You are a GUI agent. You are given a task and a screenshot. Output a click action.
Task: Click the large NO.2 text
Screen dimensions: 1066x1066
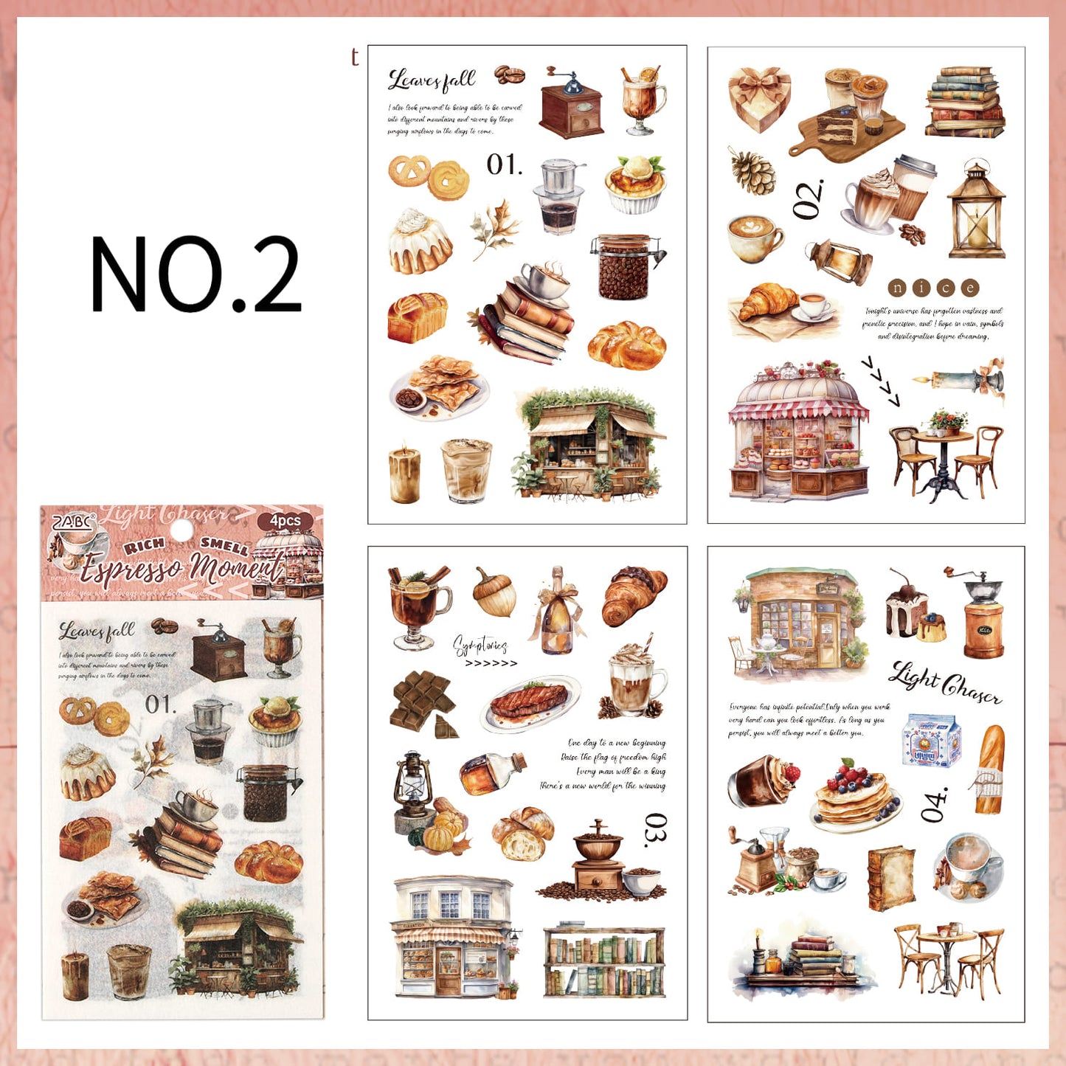(195, 274)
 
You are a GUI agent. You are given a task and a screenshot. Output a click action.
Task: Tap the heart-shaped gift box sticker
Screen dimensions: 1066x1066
(759, 99)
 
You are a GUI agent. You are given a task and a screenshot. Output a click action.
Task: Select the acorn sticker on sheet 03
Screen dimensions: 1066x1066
(494, 592)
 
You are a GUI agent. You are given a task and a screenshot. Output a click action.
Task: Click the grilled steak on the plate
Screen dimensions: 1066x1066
(529, 701)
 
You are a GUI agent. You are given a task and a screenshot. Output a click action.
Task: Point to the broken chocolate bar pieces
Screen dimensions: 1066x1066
(423, 704)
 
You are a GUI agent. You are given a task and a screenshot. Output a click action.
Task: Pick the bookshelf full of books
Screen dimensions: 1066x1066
(603, 962)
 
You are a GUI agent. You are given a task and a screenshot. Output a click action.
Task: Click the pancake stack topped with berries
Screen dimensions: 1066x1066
(856, 797)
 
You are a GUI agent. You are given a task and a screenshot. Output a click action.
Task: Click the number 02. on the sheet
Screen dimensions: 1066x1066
(808, 199)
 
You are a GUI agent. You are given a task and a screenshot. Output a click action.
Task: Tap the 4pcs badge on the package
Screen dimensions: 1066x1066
(285, 521)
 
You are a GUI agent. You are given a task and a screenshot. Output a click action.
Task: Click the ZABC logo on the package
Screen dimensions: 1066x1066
(72, 522)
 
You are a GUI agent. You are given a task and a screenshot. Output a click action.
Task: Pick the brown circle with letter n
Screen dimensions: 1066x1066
(897, 288)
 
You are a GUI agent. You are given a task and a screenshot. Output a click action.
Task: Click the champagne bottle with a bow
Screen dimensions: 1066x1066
(557, 612)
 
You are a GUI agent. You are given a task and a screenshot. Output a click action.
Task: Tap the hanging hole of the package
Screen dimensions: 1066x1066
(181, 530)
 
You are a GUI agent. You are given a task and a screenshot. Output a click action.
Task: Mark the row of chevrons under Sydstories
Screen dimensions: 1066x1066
(491, 663)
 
